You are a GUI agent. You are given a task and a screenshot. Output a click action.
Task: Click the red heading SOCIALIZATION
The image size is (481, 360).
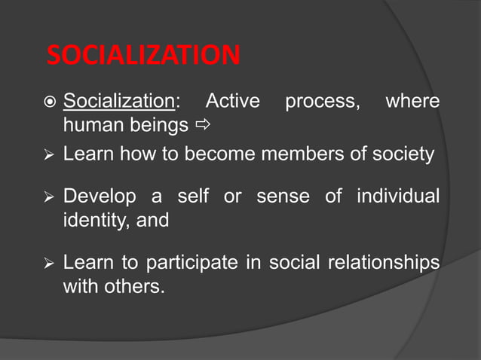[x=143, y=55]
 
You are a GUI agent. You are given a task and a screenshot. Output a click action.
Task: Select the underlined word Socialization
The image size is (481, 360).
[x=118, y=101]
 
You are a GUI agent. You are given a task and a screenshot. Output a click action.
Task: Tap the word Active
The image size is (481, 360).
[x=232, y=101]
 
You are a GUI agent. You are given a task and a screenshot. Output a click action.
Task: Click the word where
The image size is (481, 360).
[x=412, y=101]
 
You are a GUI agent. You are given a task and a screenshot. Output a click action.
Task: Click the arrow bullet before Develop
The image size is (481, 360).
[x=49, y=198]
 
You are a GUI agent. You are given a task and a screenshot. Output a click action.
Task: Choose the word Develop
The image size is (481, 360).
[x=100, y=197]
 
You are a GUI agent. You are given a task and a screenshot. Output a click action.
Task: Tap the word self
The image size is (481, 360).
[x=193, y=197]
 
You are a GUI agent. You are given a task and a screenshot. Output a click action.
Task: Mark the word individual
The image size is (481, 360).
[x=397, y=197]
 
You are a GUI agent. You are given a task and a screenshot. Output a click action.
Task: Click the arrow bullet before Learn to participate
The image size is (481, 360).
[x=49, y=264]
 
